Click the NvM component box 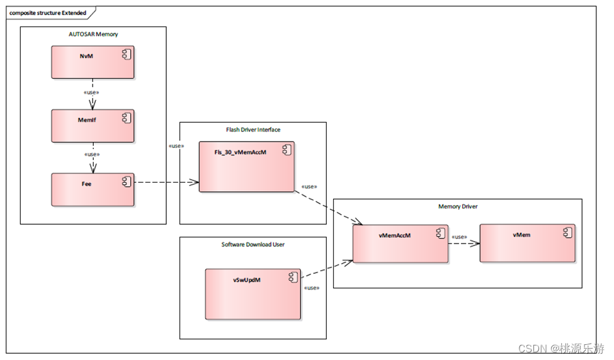(x=93, y=62)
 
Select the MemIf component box (x=93, y=126)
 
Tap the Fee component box (x=93, y=190)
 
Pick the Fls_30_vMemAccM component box (x=246, y=167)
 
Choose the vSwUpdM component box (x=253, y=295)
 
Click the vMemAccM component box (x=400, y=244)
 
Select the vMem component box (x=528, y=244)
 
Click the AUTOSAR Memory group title (x=93, y=35)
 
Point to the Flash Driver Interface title (x=253, y=130)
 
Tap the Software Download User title (x=253, y=245)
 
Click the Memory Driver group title (x=458, y=206)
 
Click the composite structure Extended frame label (x=48, y=13)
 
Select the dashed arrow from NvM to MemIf (x=93, y=94)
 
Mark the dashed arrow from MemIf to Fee (x=93, y=158)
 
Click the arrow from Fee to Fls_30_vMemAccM (x=166, y=182)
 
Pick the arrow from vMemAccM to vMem (x=464, y=244)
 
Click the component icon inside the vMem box (x=568, y=233)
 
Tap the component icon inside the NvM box (x=127, y=54)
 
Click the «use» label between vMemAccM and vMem (x=459, y=237)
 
